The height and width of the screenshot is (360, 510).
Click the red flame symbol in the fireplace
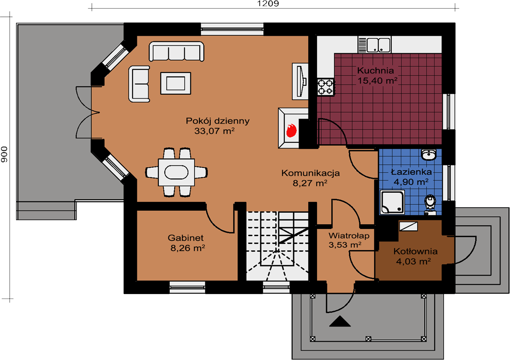[291, 130]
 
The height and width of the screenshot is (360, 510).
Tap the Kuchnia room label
[375, 70]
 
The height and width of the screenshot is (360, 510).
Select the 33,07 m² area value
[215, 131]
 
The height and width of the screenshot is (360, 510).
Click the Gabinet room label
[186, 238]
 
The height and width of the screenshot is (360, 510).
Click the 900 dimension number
[4, 155]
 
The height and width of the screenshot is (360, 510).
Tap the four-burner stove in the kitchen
[326, 87]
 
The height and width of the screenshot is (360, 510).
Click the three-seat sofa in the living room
[177, 51]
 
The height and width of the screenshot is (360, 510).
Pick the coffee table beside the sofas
[176, 83]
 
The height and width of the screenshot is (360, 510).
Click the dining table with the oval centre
[176, 172]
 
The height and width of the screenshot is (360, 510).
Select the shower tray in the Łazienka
[392, 202]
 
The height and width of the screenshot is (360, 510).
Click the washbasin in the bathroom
[429, 155]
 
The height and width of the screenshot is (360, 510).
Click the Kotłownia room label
[415, 251]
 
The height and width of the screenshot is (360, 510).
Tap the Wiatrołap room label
[349, 235]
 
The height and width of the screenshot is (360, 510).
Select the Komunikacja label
[310, 173]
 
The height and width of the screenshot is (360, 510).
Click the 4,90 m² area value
[411, 182]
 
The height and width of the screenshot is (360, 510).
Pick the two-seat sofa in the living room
[139, 84]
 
